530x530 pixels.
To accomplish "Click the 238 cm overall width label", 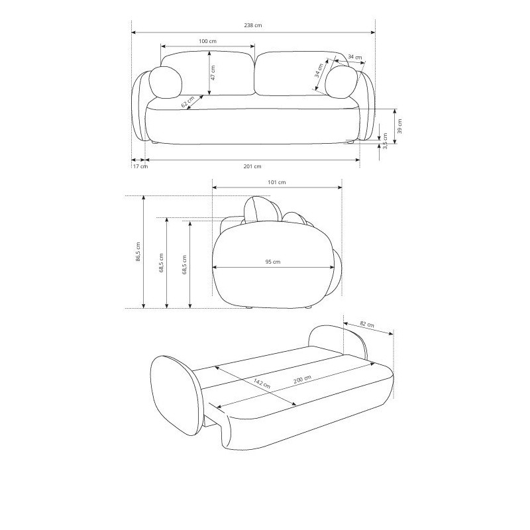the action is [253, 25].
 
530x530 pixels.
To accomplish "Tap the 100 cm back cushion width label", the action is [207, 41].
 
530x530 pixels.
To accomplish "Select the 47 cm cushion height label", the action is [213, 72].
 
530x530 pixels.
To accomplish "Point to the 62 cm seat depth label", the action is [188, 102].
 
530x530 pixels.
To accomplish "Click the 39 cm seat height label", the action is [399, 126].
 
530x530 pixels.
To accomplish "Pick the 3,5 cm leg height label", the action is [386, 141].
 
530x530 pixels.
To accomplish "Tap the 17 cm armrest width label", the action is [140, 166].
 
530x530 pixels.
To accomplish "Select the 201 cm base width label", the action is [252, 166].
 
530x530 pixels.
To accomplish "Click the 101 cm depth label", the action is [277, 183].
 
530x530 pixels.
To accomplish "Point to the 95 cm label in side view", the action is [273, 262].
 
